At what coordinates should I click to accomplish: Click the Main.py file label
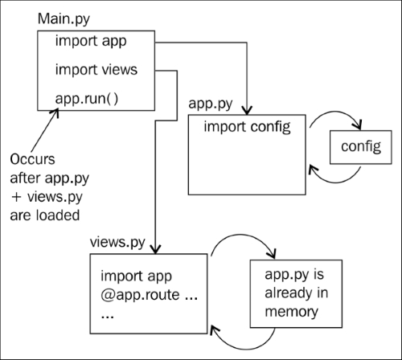tap(64, 19)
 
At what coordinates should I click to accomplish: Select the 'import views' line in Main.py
tap(96, 70)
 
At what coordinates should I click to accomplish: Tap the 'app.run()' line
tap(87, 99)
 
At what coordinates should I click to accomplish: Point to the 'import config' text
tap(247, 127)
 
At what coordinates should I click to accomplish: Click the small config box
tap(361, 147)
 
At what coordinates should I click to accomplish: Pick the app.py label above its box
tap(211, 104)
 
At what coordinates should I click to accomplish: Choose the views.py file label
tap(117, 243)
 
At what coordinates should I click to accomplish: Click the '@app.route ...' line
tap(149, 295)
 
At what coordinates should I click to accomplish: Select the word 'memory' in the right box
tap(291, 313)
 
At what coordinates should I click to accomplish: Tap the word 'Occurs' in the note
tap(32, 159)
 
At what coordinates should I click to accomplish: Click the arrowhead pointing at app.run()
tap(55, 112)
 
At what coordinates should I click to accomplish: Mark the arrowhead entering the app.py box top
tap(247, 111)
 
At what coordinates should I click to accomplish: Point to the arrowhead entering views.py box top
tap(155, 249)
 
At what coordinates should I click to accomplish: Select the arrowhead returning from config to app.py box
tap(312, 169)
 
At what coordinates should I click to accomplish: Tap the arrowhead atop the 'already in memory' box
tap(273, 254)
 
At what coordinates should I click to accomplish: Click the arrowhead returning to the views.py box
tap(214, 329)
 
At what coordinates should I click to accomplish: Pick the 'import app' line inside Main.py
tap(91, 42)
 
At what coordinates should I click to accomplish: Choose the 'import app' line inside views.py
tap(136, 276)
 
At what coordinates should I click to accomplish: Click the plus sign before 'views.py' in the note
tap(16, 197)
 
